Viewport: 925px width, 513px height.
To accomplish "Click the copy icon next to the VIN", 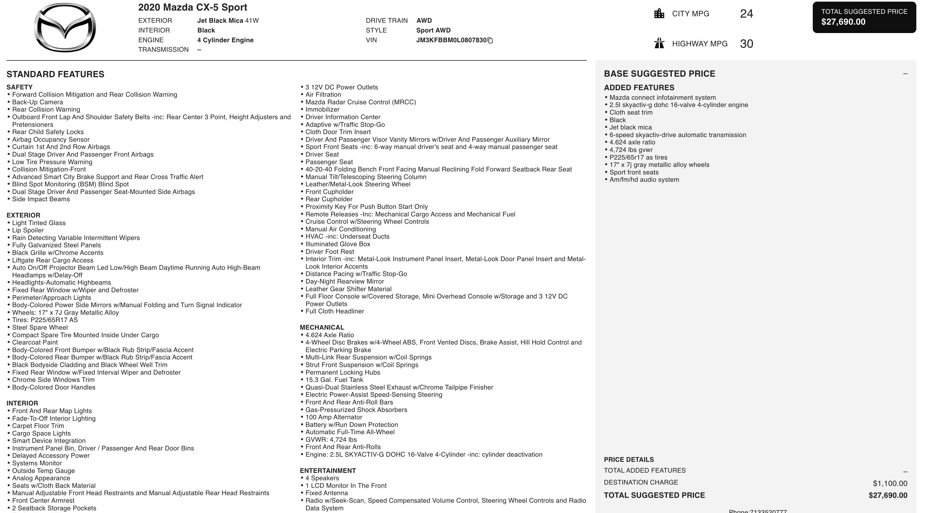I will (x=490, y=41).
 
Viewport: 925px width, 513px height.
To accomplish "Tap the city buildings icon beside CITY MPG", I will (x=659, y=14).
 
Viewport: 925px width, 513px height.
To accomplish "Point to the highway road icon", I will (x=659, y=43).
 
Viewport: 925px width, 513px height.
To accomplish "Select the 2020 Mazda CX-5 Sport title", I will (x=192, y=8).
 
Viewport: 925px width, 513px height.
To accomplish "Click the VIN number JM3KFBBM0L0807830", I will (x=451, y=40).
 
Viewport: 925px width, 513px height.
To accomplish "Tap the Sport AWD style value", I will (x=433, y=31).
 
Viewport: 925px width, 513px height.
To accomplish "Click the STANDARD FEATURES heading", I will (x=55, y=74).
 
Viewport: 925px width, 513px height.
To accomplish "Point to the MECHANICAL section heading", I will (x=322, y=327).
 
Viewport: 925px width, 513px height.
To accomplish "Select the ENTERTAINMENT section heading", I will (x=327, y=471).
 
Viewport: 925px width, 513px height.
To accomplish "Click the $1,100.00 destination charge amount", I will (x=890, y=483).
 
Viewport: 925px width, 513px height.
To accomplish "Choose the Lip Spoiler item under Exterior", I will (x=28, y=230).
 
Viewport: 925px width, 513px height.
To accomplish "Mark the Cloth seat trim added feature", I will (x=631, y=113).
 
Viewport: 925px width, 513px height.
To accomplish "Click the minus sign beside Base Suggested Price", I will (x=905, y=74).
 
